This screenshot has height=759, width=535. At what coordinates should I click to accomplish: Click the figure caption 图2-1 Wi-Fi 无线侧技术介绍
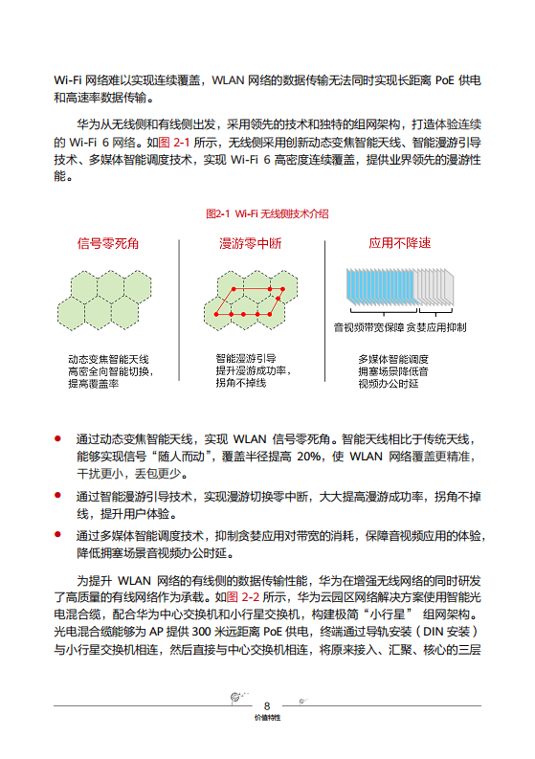coord(267,213)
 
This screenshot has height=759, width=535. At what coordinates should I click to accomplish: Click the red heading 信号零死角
coord(108,243)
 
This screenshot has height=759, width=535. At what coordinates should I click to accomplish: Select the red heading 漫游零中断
coord(251,243)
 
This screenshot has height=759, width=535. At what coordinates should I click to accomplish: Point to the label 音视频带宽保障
coord(368,327)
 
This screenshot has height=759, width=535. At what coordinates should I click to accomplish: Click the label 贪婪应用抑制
coord(435,327)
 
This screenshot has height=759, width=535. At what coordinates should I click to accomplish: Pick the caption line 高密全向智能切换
coord(111,371)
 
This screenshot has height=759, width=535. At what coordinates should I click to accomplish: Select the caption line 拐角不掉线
coord(240,382)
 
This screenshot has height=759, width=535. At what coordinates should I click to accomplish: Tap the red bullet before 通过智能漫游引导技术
coord(58,496)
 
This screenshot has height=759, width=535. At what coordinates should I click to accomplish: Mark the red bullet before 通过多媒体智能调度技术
coord(58,535)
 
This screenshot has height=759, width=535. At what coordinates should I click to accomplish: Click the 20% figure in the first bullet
coord(309,456)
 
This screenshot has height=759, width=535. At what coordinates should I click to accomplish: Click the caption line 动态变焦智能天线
coord(108,359)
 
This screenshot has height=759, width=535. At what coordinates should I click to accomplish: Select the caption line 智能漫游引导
coord(246,357)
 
